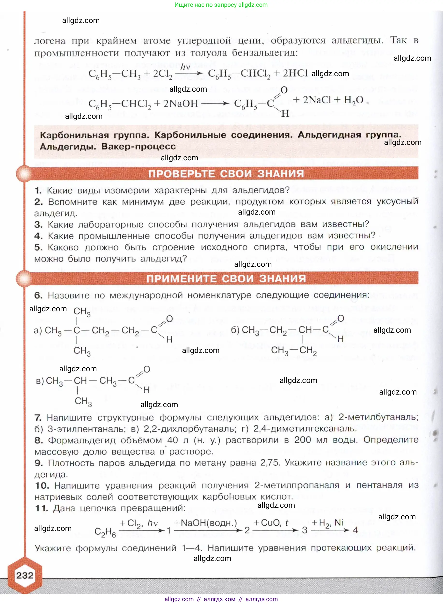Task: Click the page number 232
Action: (x=25, y=575)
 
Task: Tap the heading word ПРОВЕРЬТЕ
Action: (x=181, y=174)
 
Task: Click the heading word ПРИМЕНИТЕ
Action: (x=181, y=279)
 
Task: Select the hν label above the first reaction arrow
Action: (x=185, y=67)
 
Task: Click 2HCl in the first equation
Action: (x=295, y=73)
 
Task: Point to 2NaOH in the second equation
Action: (x=181, y=103)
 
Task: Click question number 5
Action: (x=38, y=247)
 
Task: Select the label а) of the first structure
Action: (x=38, y=330)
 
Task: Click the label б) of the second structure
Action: (x=235, y=330)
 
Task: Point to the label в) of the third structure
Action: (x=40, y=381)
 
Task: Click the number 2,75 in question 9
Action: (x=270, y=463)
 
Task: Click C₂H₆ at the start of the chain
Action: (x=105, y=532)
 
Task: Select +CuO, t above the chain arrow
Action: (x=271, y=523)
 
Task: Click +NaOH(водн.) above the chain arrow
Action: (x=205, y=523)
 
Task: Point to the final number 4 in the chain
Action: (x=356, y=530)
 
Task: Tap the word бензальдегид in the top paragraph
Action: (x=265, y=52)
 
